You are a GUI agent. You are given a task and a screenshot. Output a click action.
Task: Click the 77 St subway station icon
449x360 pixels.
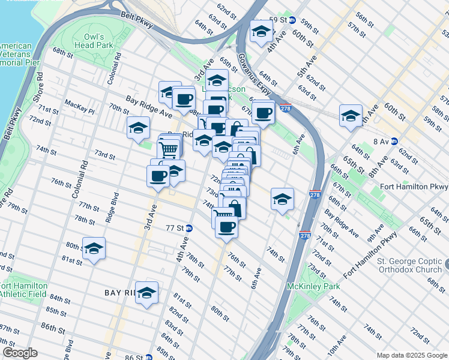tap(188, 228)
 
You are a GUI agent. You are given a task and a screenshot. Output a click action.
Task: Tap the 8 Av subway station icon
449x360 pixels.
tap(394, 142)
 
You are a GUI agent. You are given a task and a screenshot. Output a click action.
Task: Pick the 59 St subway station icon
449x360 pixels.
tap(292, 20)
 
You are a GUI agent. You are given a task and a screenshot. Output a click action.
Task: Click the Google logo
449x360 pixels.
tap(20, 353)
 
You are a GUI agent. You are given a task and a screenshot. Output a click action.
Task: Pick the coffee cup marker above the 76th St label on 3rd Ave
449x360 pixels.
tap(158, 176)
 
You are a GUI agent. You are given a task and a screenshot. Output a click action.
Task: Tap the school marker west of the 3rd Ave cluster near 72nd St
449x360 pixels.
tap(138, 128)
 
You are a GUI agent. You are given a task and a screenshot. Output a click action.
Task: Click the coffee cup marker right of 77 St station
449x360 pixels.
tap(226, 227)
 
